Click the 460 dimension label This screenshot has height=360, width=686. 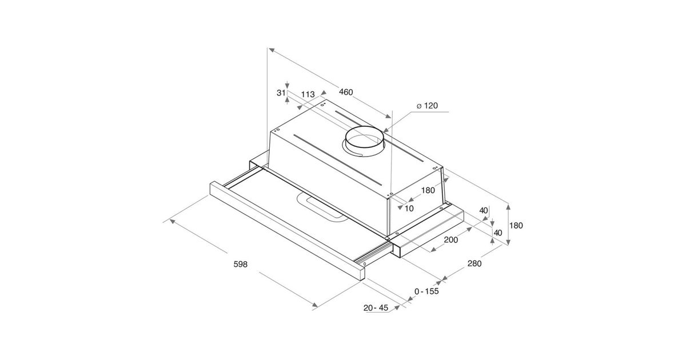[x=346, y=92]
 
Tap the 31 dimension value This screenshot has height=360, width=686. [x=281, y=93]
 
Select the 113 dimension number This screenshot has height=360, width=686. [x=308, y=94]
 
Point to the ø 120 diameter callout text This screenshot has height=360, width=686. [x=427, y=106]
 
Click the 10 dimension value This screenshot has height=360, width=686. [x=409, y=209]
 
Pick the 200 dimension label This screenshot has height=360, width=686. [x=451, y=239]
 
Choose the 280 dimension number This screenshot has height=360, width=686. [x=474, y=263]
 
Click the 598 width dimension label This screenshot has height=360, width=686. [x=241, y=264]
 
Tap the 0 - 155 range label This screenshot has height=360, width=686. [x=426, y=291]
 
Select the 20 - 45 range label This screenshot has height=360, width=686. [x=376, y=307]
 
